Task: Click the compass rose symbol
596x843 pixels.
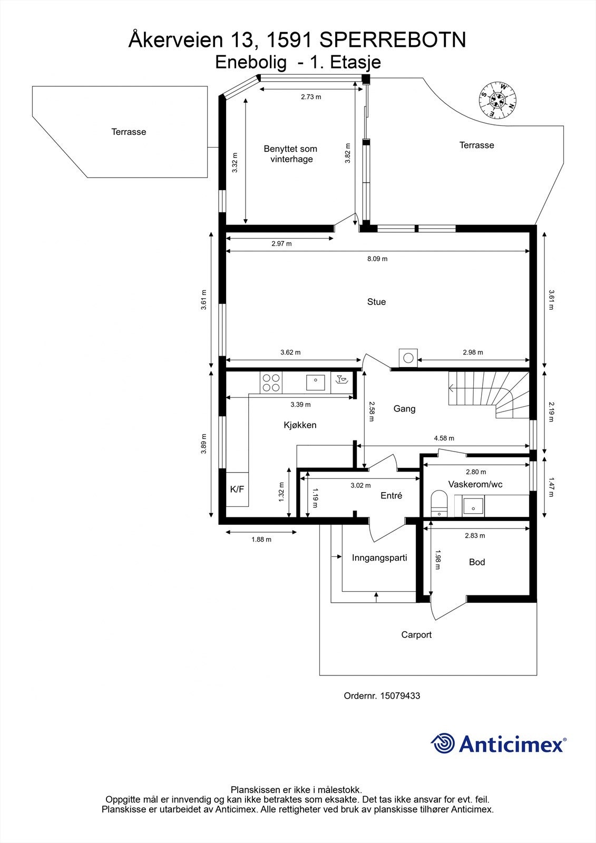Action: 497,100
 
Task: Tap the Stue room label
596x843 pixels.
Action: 376,302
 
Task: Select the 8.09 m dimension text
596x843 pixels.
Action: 377,259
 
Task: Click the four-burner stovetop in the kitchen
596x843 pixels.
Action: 271,383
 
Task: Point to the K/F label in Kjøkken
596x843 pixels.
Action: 237,489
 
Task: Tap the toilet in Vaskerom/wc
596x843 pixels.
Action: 438,503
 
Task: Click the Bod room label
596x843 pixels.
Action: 477,562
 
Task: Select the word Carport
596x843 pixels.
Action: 416,635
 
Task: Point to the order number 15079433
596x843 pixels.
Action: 400,696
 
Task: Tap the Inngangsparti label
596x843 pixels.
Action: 379,558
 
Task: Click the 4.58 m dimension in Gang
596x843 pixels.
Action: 444,438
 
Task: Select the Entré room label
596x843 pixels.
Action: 391,496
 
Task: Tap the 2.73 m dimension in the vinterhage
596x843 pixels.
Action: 311,97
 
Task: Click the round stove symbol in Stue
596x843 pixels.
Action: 408,358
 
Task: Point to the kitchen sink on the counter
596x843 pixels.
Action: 316,383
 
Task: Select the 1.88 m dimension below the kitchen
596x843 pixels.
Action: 261,540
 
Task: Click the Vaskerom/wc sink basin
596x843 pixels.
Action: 473,506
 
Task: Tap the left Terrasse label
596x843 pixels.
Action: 129,132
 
